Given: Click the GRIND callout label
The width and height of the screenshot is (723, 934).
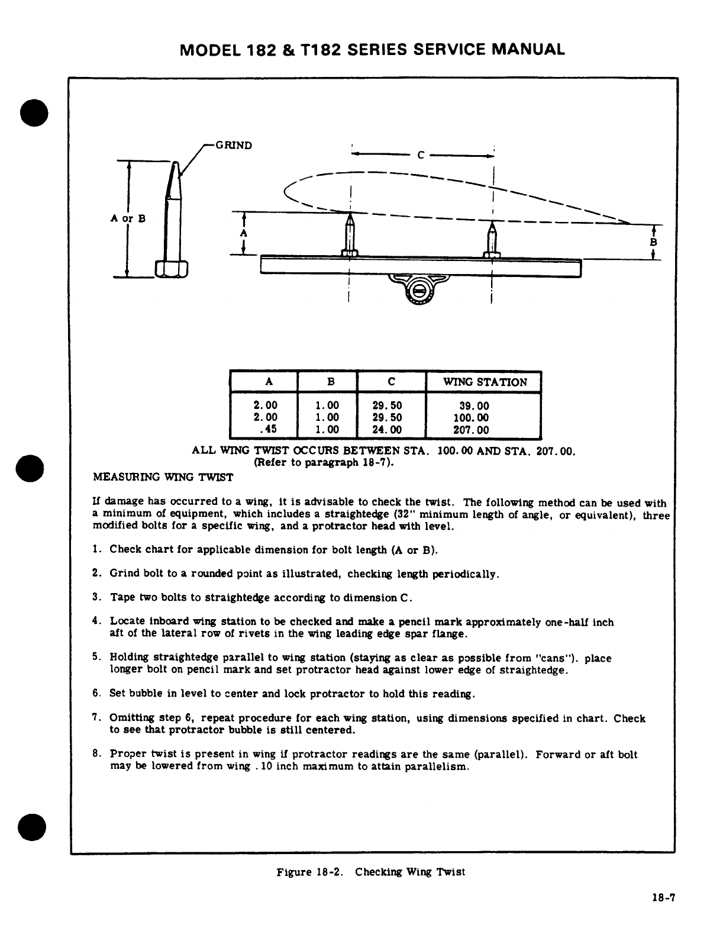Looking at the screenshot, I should tap(234, 145).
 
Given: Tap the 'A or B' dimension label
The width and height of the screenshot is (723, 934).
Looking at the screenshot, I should tap(128, 218).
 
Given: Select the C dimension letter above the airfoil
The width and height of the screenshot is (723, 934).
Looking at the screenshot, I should tap(421, 156).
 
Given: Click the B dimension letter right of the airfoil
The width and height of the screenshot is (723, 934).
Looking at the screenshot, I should tap(653, 243).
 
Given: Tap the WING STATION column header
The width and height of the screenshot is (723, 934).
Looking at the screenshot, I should tap(485, 382).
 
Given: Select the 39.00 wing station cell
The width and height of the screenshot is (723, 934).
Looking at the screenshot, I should tap(475, 406).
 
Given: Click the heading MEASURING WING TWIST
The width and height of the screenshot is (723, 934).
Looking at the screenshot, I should tap(163, 477).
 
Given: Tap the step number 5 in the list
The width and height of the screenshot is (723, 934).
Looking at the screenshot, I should tap(96, 658).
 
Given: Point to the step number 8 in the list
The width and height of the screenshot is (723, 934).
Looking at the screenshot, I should tap(96, 754).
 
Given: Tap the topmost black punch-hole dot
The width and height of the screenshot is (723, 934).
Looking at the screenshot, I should tap(34, 111).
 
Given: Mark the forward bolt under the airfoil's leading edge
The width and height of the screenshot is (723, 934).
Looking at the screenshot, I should tap(350, 235).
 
